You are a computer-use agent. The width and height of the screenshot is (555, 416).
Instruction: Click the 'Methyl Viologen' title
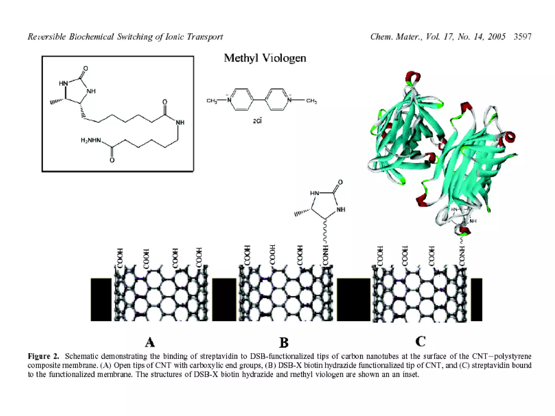click(x=265, y=58)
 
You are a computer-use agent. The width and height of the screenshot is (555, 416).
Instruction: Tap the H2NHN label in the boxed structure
click(x=91, y=140)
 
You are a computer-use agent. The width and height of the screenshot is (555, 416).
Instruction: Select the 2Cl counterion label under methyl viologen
click(x=257, y=121)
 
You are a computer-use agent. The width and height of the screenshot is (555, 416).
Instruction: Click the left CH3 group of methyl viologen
click(x=212, y=101)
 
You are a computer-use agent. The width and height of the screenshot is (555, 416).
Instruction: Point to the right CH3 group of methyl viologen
click(x=311, y=101)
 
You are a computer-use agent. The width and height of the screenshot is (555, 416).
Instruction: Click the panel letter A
click(x=150, y=342)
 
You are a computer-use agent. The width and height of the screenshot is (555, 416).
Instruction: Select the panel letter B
click(x=284, y=343)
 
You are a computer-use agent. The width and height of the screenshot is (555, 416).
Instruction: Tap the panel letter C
click(x=420, y=342)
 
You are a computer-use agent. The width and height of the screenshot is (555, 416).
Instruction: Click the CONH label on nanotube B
click(x=325, y=255)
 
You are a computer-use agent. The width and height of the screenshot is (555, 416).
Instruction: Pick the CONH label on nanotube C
click(x=462, y=256)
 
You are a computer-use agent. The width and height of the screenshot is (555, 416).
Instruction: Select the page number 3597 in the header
click(x=522, y=37)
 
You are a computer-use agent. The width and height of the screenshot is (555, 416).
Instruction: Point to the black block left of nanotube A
click(x=101, y=300)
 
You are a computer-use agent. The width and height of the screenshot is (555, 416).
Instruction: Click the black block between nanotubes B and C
click(x=353, y=300)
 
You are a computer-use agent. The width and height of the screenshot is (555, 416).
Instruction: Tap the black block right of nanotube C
click(x=476, y=300)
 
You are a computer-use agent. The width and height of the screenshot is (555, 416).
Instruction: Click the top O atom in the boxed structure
click(x=86, y=69)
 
